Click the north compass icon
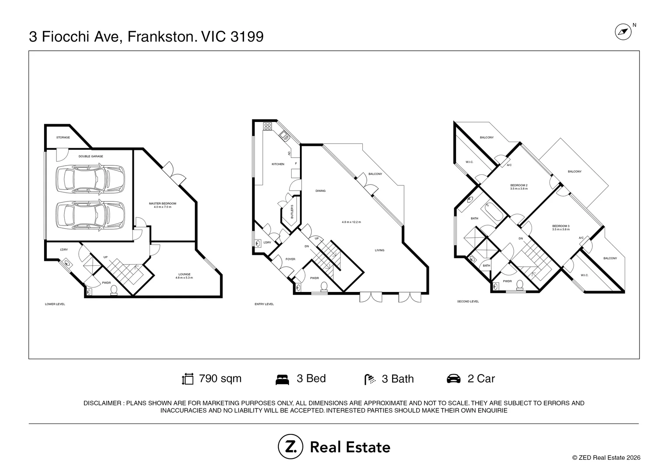pyautogui.click(x=623, y=32)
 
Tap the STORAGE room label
pyautogui.click(x=63, y=138)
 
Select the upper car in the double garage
pyautogui.click(x=90, y=179)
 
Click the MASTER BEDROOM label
pyautogui.click(x=163, y=204)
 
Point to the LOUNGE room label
pyautogui.click(x=184, y=274)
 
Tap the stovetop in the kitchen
pyautogui.click(x=268, y=126)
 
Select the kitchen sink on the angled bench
pyautogui.click(x=284, y=136)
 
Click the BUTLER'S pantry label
pyautogui.click(x=292, y=212)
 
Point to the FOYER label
pyautogui.click(x=290, y=259)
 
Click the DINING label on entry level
pyautogui.click(x=320, y=191)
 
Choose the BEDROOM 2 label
pyautogui.click(x=519, y=185)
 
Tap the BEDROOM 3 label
pyautogui.click(x=560, y=226)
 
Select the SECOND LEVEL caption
pyautogui.click(x=468, y=302)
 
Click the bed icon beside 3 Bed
pyautogui.click(x=282, y=380)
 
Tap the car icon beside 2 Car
pyautogui.click(x=453, y=378)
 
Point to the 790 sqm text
pyautogui.click(x=220, y=378)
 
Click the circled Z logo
pyautogui.click(x=290, y=446)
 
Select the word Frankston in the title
pyautogui.click(x=163, y=37)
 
